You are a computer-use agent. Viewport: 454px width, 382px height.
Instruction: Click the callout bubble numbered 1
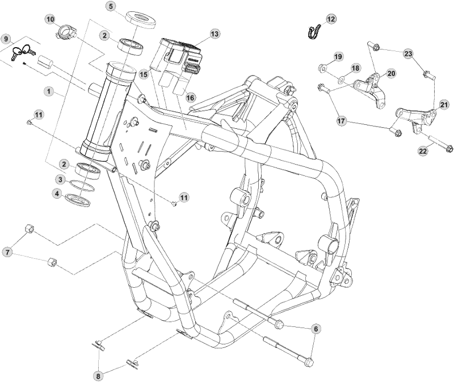tap(50, 91)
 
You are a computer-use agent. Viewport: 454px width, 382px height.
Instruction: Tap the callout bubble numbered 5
tap(111, 6)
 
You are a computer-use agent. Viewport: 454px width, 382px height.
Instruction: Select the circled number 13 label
tap(214, 34)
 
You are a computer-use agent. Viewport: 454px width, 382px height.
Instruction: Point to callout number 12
tap(331, 19)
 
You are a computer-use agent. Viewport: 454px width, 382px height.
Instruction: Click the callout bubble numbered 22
tap(423, 150)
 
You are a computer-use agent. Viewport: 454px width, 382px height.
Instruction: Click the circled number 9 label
tap(6, 39)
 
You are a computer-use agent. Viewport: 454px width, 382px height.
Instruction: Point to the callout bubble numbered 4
tap(57, 194)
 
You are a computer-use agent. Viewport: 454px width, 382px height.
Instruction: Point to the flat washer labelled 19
tap(322, 69)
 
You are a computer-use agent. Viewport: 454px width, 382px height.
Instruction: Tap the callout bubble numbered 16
tap(191, 98)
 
